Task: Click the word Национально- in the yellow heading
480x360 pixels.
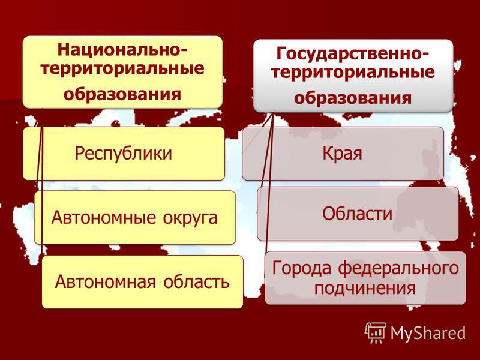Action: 122,50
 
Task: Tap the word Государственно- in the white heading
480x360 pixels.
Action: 353,53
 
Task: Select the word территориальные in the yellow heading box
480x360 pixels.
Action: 122,68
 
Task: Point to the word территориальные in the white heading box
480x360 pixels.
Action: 353,72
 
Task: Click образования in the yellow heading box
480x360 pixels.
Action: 122,94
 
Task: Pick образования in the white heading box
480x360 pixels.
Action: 353,98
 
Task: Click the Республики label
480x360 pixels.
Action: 124,153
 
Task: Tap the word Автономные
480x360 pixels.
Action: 103,218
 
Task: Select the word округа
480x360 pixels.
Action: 190,218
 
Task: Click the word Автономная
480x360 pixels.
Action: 106,281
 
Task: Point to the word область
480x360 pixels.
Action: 196,281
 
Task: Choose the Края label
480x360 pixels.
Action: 342,153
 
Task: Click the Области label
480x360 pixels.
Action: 357,213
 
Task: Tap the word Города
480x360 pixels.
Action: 302,268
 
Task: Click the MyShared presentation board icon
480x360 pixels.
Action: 376,332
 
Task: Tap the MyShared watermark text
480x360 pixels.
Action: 428,333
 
